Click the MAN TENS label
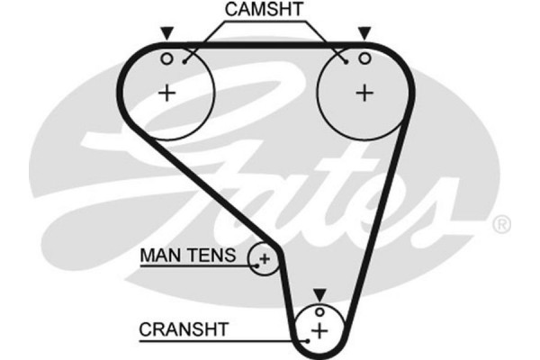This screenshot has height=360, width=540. pos(187,256)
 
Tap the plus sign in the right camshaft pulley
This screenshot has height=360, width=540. pos(364,92)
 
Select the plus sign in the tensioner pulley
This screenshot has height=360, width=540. pos(264,260)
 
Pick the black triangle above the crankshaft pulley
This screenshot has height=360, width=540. pos(319,294)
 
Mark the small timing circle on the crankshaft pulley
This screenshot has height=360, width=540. pos(319,313)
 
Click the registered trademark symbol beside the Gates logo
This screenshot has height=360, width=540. pos(502,222)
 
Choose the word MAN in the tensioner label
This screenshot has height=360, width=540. pos(158,256)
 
